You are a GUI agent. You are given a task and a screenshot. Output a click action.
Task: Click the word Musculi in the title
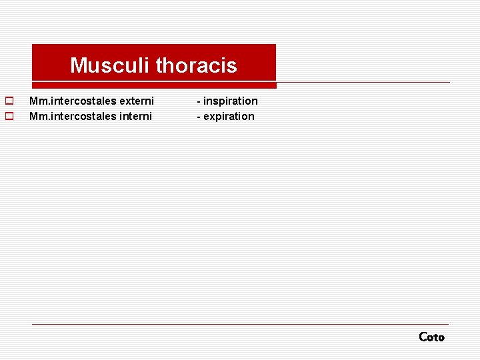point(110,65)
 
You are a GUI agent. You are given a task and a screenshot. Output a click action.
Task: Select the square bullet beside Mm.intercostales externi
point(9,101)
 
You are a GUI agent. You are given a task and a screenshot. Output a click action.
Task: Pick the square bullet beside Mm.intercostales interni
point(9,116)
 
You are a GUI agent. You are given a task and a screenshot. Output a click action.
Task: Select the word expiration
point(229,117)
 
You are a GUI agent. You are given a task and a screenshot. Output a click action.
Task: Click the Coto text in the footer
point(431,337)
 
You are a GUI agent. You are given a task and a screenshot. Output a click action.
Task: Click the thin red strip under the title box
point(154,85)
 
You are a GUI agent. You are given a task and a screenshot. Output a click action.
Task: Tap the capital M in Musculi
point(77,65)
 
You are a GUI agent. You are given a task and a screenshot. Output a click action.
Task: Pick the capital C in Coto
point(423,337)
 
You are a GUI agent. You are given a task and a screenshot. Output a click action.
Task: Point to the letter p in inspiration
point(222,102)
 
